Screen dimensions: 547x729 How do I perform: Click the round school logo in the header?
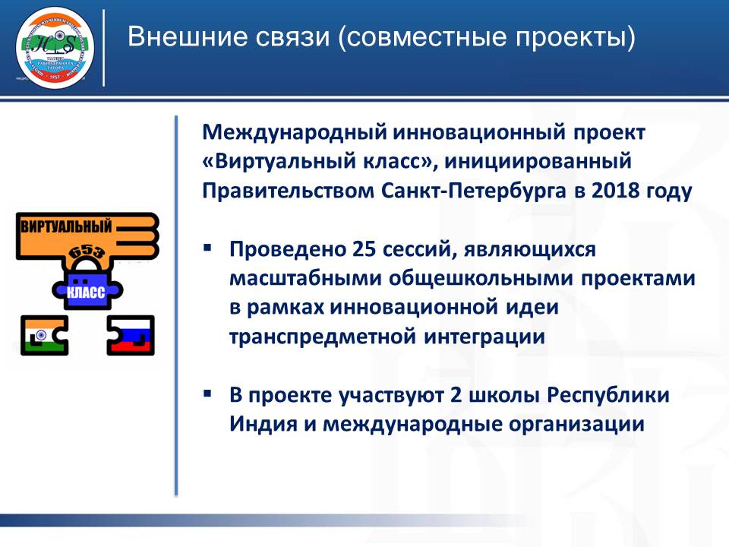coord(55,46)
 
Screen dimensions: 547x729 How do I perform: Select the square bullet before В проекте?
coord(207,394)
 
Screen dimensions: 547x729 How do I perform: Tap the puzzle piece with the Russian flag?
coord(131,335)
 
